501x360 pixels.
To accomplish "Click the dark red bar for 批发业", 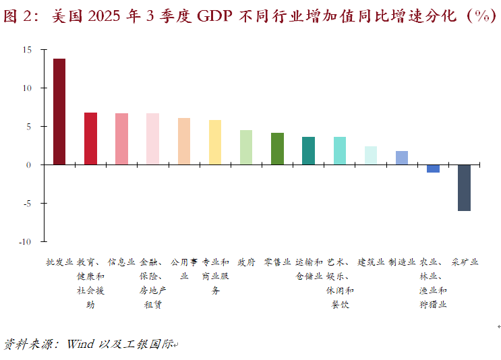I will pos(59,111).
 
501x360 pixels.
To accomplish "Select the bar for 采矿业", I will pos(464,187).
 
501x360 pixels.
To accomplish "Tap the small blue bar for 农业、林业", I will pos(433,169).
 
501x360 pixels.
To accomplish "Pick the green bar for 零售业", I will pos(277,148).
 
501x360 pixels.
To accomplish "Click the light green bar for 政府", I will pos(246,147).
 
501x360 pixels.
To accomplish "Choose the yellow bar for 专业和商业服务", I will pos(215,142).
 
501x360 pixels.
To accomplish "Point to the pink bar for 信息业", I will pos(121,139).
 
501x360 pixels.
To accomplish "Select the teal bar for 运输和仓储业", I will pos(308,150).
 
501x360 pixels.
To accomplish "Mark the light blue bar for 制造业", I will pos(402,158).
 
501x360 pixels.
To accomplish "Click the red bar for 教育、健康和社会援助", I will pos(90,138).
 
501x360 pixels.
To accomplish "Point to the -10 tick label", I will pos(25,241).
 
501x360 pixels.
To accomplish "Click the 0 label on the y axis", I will pos(29,164).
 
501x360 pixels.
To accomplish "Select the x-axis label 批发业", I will pos(59,262).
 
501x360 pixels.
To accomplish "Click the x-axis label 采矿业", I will pos(465,262).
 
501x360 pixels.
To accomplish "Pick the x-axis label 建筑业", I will pos(371,262).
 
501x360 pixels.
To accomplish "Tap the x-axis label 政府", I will pos(246,262).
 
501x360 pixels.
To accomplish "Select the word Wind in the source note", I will pos(82,344).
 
